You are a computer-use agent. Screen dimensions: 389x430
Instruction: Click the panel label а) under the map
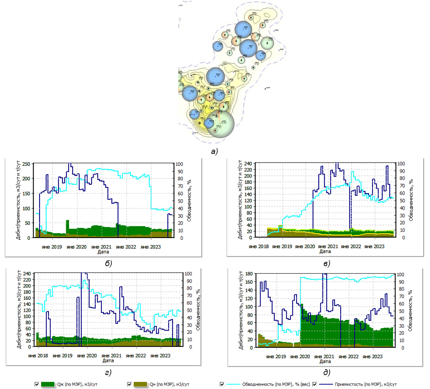tap(214, 152)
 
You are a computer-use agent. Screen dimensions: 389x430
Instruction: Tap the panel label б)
tap(108, 263)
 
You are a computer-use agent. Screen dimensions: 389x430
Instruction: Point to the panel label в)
tap(327, 263)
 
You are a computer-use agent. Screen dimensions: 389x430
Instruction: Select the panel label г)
tap(108, 372)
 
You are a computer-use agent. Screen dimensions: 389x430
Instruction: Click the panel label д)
tap(327, 372)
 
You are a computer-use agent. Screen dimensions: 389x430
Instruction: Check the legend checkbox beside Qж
tap(37, 384)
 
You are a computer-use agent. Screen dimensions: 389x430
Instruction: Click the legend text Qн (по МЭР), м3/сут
tap(169, 384)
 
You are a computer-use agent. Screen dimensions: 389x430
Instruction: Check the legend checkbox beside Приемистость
tap(315, 384)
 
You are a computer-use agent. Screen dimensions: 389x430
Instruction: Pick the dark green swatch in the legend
tap(48, 384)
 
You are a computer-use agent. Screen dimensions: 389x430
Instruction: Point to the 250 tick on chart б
tap(26, 164)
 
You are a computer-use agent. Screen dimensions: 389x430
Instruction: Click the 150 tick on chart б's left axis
tap(26, 193)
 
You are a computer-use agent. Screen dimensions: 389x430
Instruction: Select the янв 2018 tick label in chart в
tap(258, 246)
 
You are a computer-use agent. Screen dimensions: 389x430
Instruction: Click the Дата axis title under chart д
tap(325, 361)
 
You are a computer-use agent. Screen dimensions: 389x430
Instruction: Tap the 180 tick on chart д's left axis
tap(249, 274)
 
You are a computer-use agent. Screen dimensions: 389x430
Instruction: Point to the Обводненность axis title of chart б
tap(189, 201)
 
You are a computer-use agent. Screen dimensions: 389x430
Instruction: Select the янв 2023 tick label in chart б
tap(150, 247)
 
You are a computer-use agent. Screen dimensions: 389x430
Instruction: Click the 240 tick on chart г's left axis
tap(27, 274)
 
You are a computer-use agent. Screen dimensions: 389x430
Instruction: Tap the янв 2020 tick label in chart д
tap(300, 357)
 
